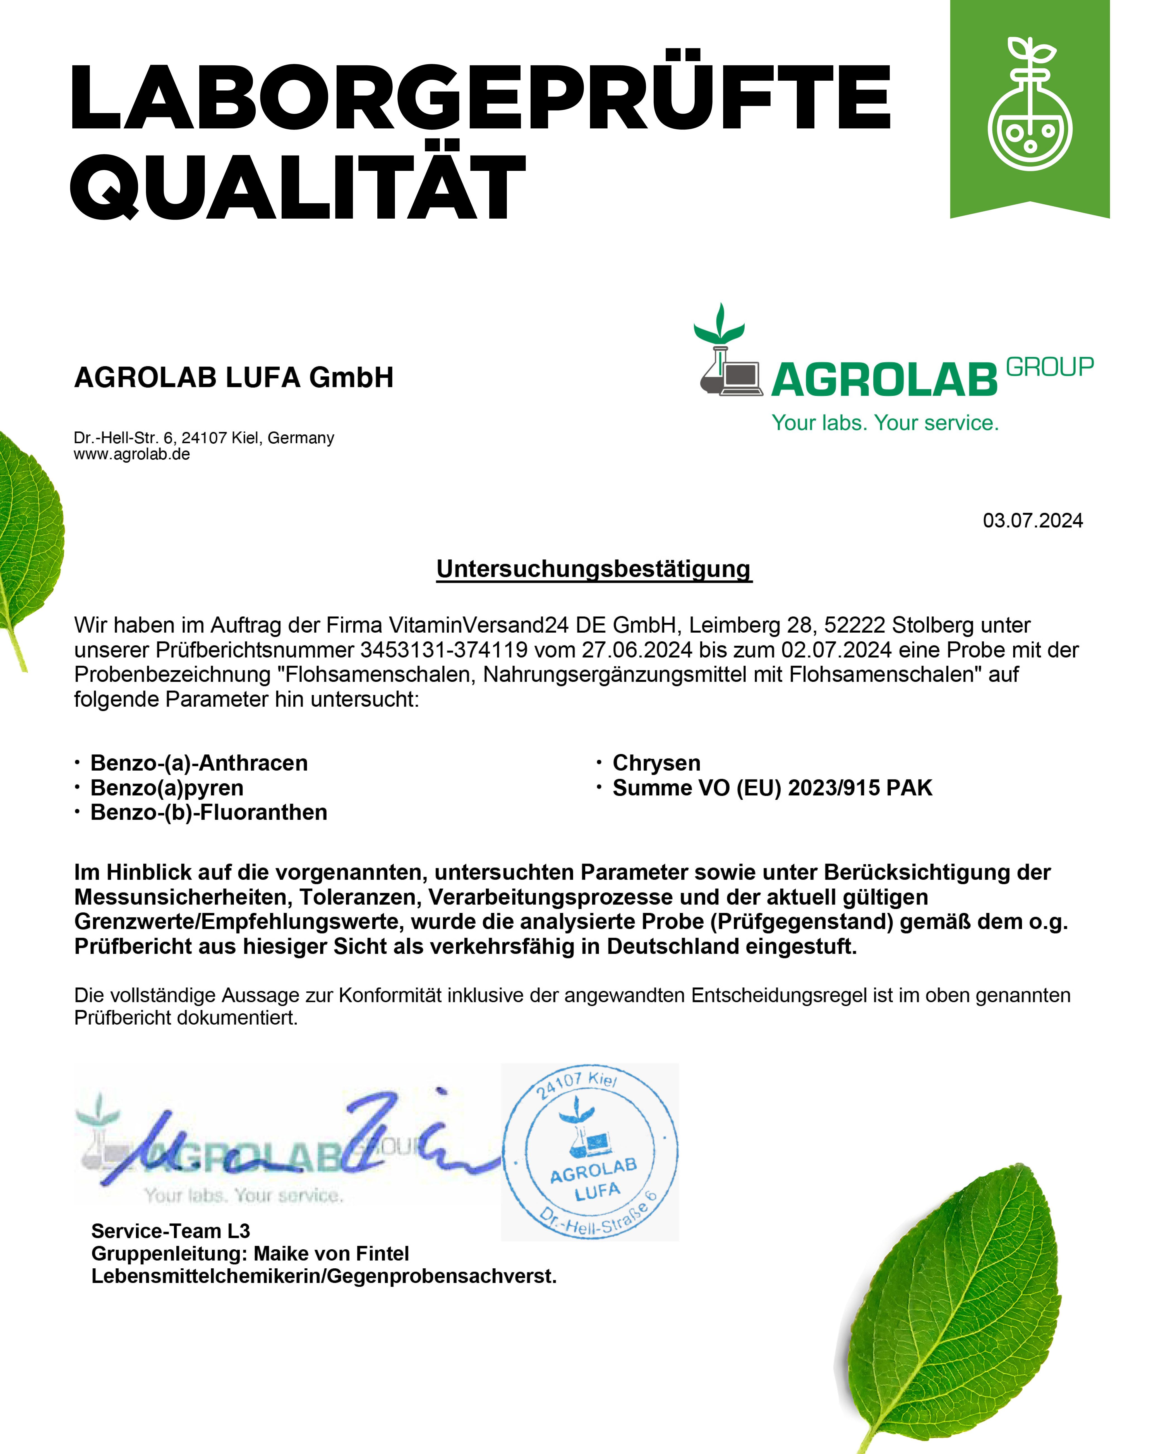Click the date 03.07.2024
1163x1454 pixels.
coord(1032,521)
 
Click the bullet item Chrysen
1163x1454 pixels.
coord(656,763)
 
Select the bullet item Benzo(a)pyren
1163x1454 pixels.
coord(167,788)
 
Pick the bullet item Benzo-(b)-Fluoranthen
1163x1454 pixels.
coord(208,813)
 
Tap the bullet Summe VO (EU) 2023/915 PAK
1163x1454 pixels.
coord(772,788)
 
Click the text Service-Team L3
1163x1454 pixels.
coord(171,1231)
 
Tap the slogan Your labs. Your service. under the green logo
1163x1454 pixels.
coord(884,423)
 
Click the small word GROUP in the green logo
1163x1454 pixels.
coord(1049,367)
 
